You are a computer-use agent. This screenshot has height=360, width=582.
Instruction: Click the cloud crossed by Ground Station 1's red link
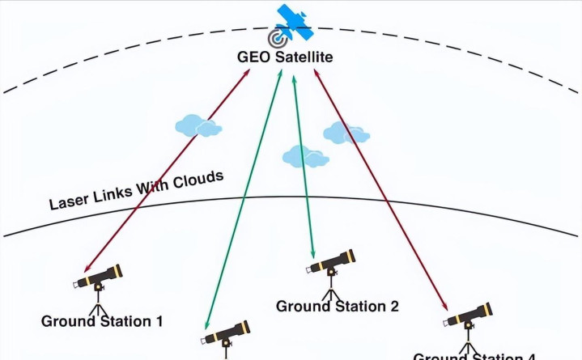(198, 125)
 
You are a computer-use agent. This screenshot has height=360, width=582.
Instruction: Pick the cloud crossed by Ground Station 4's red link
(346, 133)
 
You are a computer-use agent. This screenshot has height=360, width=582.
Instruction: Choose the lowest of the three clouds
(305, 155)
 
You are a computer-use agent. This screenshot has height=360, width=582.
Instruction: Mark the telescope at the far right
(469, 316)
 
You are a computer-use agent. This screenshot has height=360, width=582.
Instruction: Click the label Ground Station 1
(102, 321)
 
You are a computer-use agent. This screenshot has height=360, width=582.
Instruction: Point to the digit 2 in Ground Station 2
(393, 306)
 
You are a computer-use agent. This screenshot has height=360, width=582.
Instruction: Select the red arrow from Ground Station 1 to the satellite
(166, 171)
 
